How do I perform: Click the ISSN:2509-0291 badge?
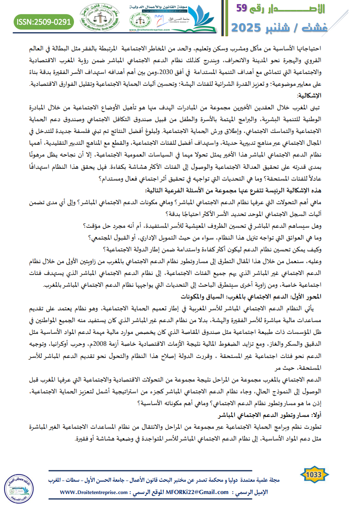(x=44, y=21)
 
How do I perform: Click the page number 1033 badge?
(x=314, y=475)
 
